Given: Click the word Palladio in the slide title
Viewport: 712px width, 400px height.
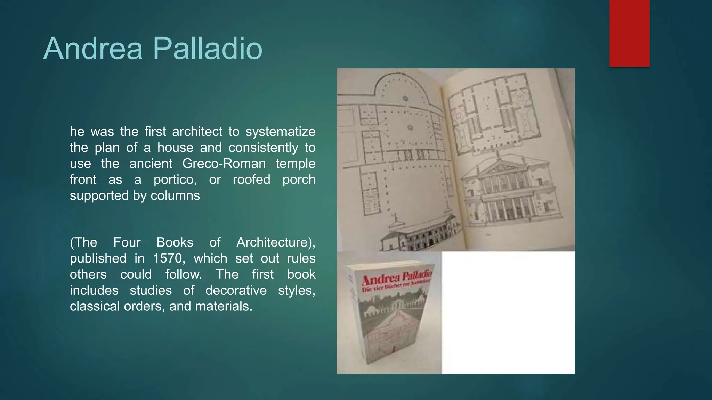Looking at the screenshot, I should coord(207,49).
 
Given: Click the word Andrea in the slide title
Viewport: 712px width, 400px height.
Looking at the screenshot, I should coord(93,49).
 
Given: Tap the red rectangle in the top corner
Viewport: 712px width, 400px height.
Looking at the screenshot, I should coord(629,33).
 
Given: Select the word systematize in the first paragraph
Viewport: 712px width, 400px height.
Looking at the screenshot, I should coord(280,132).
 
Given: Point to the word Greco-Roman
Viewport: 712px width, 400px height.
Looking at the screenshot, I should coord(224,164).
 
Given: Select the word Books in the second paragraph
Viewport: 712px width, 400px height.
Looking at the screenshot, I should coord(175,242).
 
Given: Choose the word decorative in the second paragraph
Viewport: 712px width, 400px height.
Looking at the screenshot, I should coord(236,290).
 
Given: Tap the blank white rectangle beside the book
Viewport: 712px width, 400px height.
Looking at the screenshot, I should coord(508,312).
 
